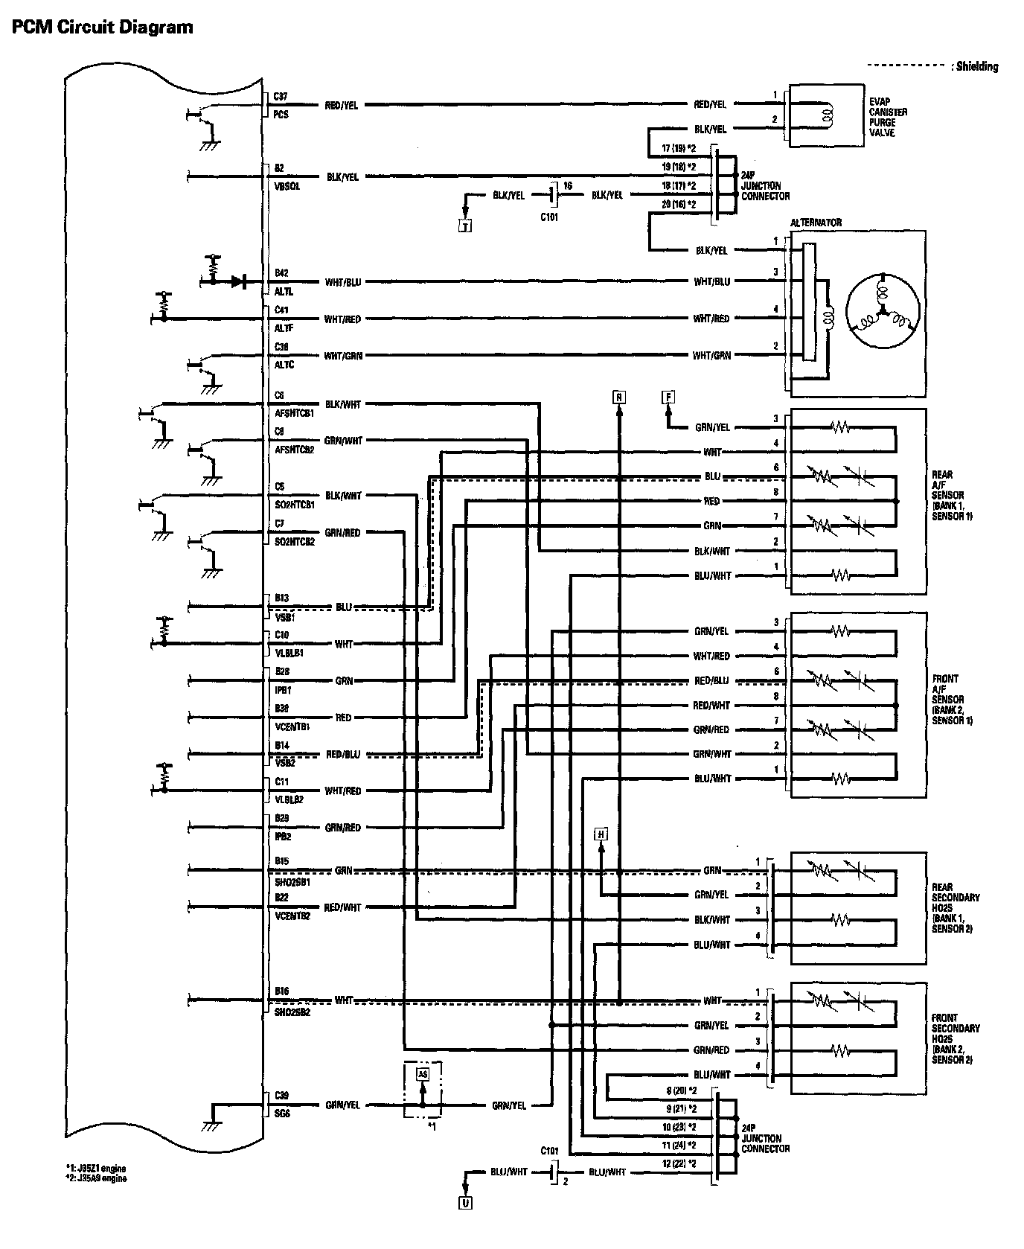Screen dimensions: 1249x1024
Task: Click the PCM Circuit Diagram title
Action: pyautogui.click(x=103, y=28)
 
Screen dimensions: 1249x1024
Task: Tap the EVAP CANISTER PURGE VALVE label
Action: pyautogui.click(x=888, y=117)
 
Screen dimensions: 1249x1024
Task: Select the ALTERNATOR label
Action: pyautogui.click(x=816, y=222)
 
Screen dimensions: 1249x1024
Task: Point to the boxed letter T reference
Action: pyautogui.click(x=465, y=227)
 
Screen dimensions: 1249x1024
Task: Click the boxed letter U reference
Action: pyautogui.click(x=465, y=1202)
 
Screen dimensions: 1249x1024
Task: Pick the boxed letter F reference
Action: pyautogui.click(x=668, y=397)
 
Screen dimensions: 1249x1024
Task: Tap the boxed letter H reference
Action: pyautogui.click(x=601, y=834)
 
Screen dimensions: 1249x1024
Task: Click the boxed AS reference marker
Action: pyautogui.click(x=423, y=1074)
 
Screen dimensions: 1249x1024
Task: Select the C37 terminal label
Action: pyautogui.click(x=281, y=96)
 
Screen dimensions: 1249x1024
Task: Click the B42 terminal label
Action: pyautogui.click(x=281, y=273)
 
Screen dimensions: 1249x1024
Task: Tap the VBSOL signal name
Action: pyautogui.click(x=287, y=186)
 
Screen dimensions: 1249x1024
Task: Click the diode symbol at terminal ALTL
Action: pyautogui.click(x=238, y=281)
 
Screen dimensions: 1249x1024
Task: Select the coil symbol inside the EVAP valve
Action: pyautogui.click(x=825, y=115)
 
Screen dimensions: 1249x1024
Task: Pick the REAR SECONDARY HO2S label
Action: pyautogui.click(x=956, y=908)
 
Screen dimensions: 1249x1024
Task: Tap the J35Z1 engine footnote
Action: pyautogui.click(x=96, y=1169)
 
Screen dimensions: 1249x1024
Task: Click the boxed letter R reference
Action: pyautogui.click(x=618, y=397)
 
